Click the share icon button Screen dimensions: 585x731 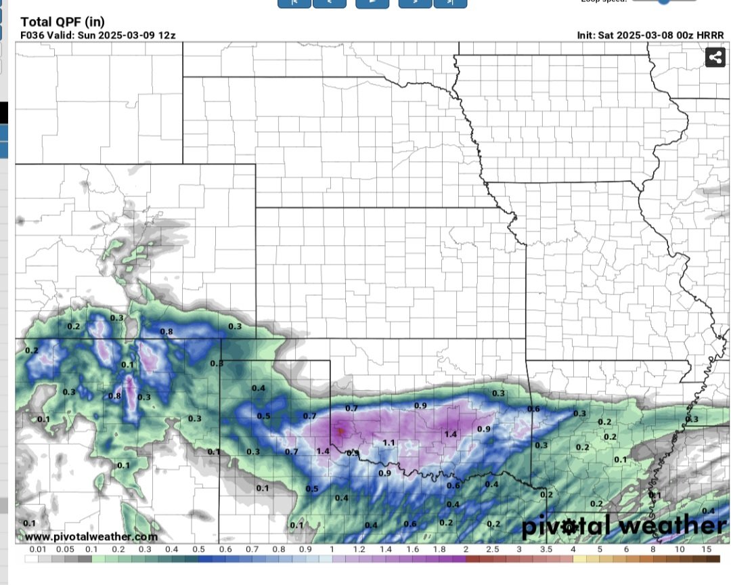[x=715, y=58]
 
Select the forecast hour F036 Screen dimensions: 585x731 [x=32, y=35]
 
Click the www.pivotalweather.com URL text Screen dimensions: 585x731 [x=91, y=537]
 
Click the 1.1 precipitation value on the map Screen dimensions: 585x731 [x=389, y=443]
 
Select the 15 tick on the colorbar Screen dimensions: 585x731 [x=707, y=550]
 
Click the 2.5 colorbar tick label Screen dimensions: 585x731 [x=492, y=550]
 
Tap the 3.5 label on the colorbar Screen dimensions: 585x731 [x=546, y=550]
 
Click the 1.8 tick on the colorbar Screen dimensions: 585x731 [x=439, y=550]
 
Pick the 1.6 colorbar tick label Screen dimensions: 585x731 [x=412, y=550]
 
